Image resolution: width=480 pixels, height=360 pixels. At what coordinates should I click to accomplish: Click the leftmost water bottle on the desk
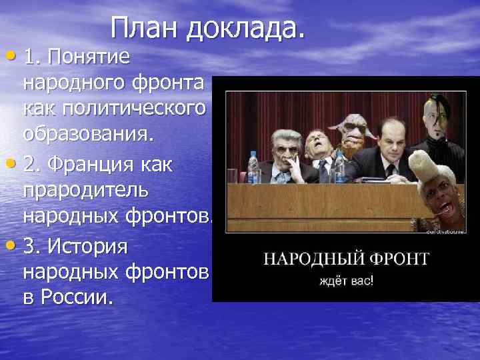(253, 167)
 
